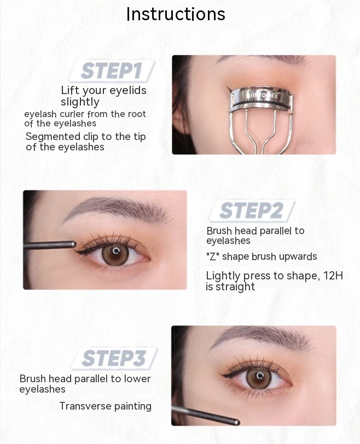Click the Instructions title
(176, 14)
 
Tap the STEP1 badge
(112, 71)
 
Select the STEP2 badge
(251, 211)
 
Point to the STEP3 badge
(114, 358)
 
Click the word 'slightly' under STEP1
(80, 102)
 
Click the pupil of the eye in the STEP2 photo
(115, 252)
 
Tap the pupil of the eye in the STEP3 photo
(259, 377)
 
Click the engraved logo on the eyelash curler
(262, 96)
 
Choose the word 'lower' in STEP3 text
(140, 379)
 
